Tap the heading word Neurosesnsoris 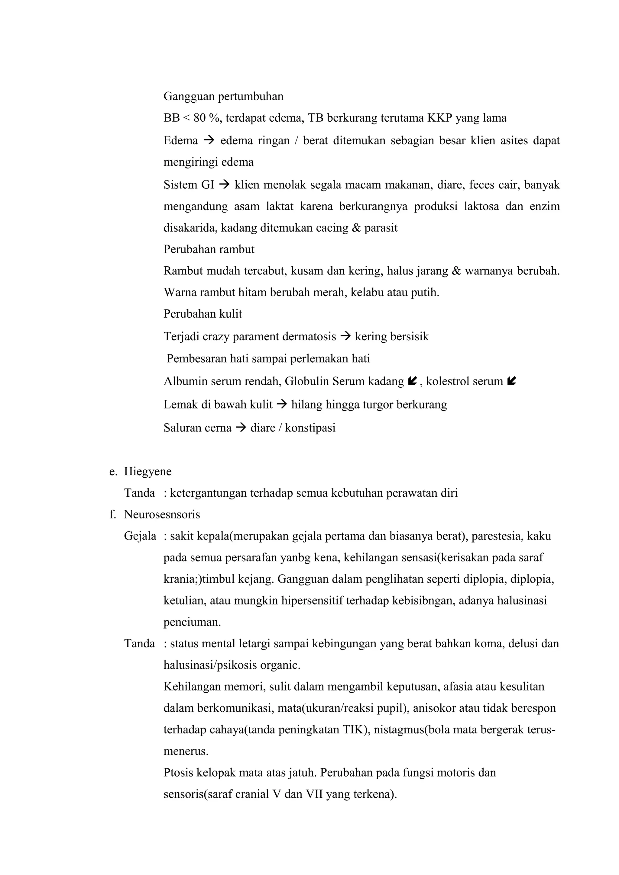pyautogui.click(x=162, y=514)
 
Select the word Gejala pyautogui.click(x=140, y=536)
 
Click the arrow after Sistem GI pyautogui.click(x=225, y=185)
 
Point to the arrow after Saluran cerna pyautogui.click(x=241, y=428)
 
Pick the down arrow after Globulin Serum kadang pyautogui.click(x=412, y=381)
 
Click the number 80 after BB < pyautogui.click(x=199, y=118)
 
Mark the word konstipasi pyautogui.click(x=310, y=428)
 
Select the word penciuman pyautogui.click(x=192, y=622)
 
